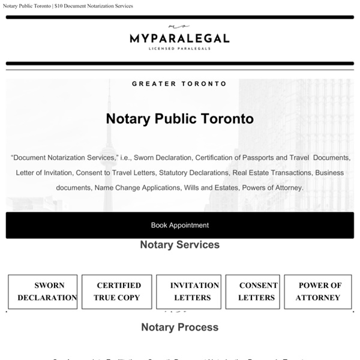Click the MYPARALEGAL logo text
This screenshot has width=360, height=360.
(x=179, y=39)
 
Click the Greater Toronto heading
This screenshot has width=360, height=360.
(x=179, y=84)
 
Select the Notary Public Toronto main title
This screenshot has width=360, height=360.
(x=179, y=118)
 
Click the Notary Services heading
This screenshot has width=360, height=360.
(x=179, y=244)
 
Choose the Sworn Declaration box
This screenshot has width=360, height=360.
(x=43, y=292)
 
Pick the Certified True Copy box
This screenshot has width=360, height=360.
(x=116, y=292)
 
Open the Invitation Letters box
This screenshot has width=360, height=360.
(x=187, y=292)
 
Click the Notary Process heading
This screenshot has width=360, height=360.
(x=179, y=327)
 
